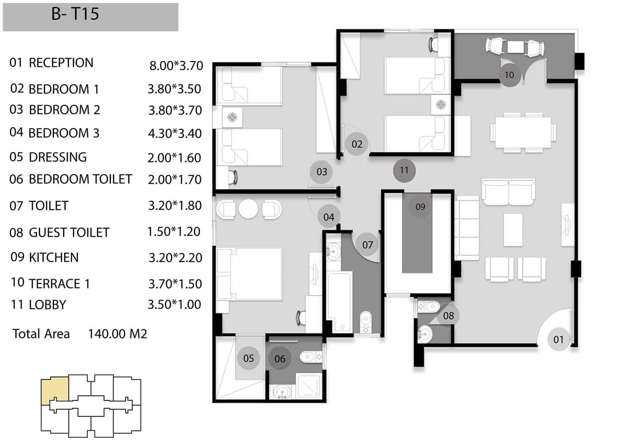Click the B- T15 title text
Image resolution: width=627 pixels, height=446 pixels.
[75, 14]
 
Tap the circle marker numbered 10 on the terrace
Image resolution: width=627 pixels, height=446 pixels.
[509, 75]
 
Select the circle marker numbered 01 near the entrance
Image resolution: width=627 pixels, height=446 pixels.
[558, 339]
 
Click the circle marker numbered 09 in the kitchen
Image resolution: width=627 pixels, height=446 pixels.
[420, 207]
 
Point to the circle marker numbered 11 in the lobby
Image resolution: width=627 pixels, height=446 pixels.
[404, 170]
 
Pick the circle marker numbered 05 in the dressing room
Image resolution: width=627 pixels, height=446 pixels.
[248, 358]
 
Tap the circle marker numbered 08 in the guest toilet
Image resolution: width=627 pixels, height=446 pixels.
[448, 315]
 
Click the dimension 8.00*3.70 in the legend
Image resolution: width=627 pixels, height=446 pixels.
[176, 66]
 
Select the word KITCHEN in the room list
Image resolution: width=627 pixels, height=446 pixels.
[54, 258]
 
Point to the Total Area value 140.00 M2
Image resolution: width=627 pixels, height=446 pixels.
[117, 334]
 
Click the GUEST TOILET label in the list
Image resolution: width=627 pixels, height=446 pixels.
[69, 232]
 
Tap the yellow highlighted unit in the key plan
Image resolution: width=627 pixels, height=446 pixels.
[55, 390]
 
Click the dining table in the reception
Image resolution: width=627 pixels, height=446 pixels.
[523, 132]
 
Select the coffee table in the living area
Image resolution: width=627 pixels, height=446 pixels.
[513, 230]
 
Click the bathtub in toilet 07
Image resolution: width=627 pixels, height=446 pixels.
[339, 301]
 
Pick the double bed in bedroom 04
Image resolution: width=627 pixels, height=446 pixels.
[250, 274]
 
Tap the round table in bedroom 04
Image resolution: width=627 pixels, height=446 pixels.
[248, 209]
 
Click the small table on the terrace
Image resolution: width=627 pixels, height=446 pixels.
[515, 47]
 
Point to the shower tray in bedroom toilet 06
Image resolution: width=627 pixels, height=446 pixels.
[309, 385]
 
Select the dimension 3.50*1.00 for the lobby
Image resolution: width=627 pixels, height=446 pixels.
[174, 304]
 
